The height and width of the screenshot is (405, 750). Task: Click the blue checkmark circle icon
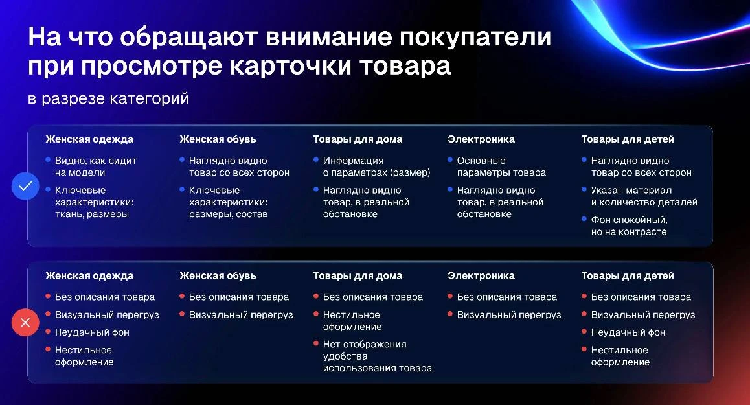(x=25, y=186)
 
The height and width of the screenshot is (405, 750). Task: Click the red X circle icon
(x=25, y=322)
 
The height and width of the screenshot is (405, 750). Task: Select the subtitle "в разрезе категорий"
(x=109, y=98)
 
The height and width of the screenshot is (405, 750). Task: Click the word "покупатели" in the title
(x=475, y=37)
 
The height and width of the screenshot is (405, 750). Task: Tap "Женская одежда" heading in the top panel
(x=89, y=139)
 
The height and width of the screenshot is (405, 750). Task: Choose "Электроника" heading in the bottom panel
(x=481, y=276)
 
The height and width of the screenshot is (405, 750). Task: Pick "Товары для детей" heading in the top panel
(x=628, y=139)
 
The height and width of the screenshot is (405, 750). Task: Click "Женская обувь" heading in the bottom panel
(x=218, y=276)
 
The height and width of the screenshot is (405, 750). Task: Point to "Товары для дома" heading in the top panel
(x=358, y=139)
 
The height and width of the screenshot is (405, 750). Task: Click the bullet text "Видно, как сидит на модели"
(x=96, y=167)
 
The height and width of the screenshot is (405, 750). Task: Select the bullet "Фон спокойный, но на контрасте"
(x=629, y=226)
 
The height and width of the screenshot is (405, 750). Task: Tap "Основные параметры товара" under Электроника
(x=501, y=167)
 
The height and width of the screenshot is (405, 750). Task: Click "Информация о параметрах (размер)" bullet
(x=376, y=167)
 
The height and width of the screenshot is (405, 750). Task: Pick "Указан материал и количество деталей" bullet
(x=644, y=196)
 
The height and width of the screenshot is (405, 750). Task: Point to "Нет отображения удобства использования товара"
(x=378, y=356)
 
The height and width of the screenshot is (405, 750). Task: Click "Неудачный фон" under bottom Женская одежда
(x=92, y=332)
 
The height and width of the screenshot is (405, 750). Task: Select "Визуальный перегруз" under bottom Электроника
(x=509, y=315)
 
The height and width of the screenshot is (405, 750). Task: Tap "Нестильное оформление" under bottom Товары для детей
(x=620, y=356)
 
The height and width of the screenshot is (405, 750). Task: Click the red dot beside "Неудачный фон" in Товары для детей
(x=584, y=331)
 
